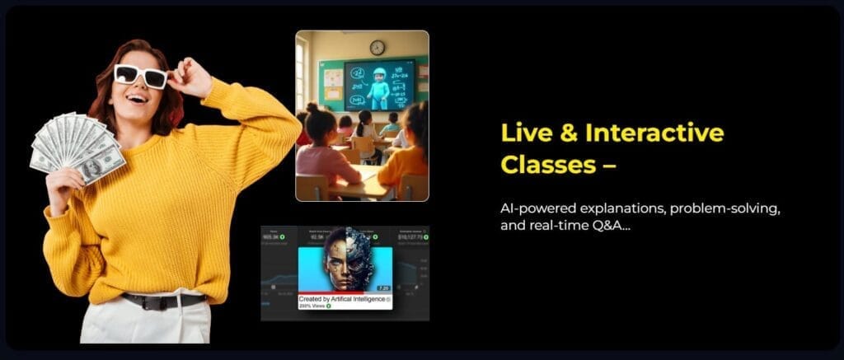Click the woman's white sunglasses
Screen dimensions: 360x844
point(140,76)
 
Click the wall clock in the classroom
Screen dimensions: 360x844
point(377,47)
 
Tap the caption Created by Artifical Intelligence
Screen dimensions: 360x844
point(345,298)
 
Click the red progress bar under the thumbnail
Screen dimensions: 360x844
point(345,292)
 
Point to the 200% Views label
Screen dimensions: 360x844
point(314,306)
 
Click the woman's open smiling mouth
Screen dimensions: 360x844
point(138,96)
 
